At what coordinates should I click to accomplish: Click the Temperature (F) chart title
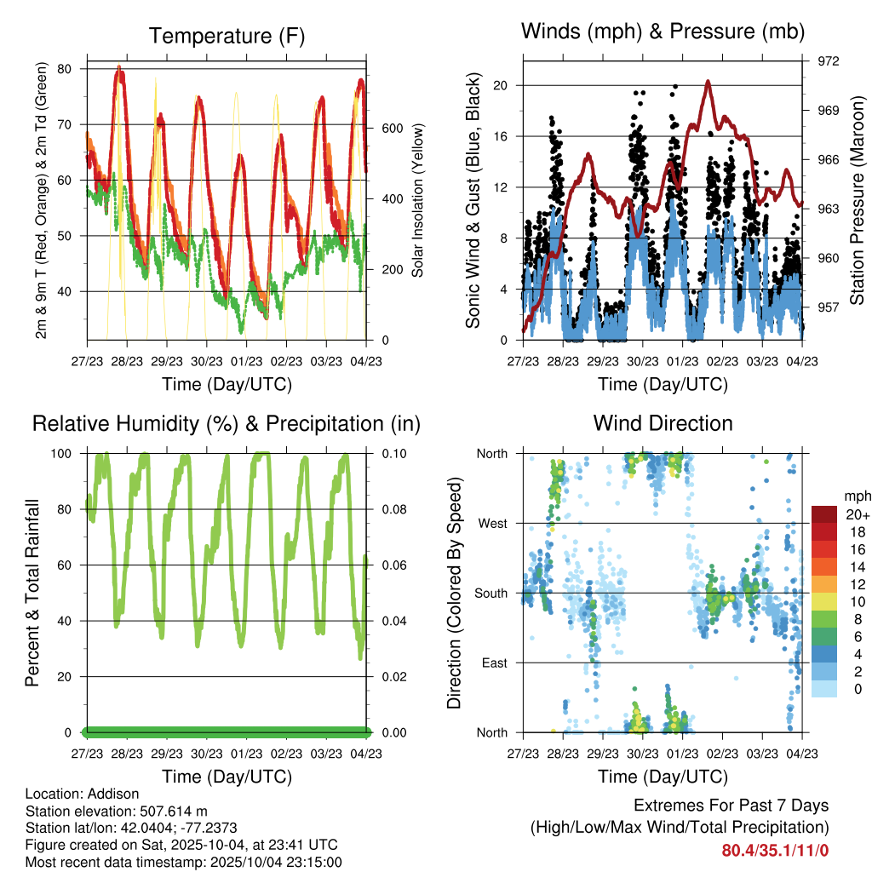[226, 36]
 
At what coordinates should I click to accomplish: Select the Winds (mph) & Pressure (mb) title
[663, 32]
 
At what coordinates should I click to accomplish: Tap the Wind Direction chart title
[663, 423]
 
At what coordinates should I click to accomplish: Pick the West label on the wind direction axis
[491, 523]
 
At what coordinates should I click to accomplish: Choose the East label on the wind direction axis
[494, 663]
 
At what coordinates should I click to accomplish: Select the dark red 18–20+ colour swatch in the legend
[823, 514]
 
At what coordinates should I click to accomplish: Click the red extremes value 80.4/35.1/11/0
[775, 850]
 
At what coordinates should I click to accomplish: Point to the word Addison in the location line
[112, 794]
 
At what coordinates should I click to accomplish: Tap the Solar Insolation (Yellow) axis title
[418, 201]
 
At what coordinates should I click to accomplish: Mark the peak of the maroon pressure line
[708, 82]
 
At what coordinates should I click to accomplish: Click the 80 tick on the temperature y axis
[65, 69]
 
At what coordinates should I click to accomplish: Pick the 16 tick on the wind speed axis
[500, 136]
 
